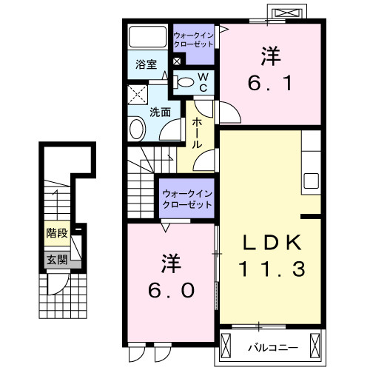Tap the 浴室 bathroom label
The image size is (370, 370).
point(145,64)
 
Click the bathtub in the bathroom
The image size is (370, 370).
point(147,38)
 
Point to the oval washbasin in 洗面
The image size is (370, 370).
point(137,129)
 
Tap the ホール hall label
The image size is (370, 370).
point(198,133)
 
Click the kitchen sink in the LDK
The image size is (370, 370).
point(311,181)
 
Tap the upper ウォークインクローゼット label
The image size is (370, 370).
point(193,39)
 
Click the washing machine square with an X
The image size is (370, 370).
point(138,94)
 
